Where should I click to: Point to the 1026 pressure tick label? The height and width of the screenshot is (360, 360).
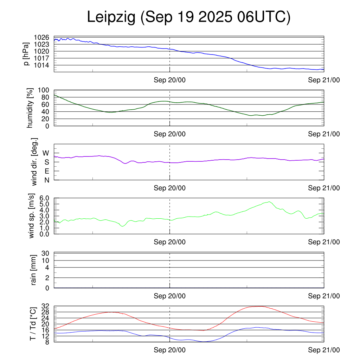tap(41, 37)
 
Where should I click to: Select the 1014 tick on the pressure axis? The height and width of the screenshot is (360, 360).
tap(41, 65)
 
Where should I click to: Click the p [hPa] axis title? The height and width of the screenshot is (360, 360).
tap(26, 54)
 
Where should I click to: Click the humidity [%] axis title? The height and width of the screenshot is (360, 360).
tap(30, 108)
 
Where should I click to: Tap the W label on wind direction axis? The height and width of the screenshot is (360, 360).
tap(46, 153)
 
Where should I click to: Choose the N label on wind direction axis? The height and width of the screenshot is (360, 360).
tap(46, 180)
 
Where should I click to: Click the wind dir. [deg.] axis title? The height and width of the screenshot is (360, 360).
tap(34, 162)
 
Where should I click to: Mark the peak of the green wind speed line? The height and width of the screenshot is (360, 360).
tap(269, 202)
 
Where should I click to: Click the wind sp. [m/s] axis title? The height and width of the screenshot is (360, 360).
tap(32, 216)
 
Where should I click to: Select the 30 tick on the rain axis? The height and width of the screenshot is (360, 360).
tap(45, 253)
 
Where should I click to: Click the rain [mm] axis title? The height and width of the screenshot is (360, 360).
tap(34, 270)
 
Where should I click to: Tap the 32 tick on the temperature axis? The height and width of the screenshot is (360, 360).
tap(45, 306)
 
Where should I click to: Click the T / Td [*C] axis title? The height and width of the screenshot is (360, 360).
tap(33, 323)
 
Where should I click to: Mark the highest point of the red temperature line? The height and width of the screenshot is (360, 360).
tap(259, 306)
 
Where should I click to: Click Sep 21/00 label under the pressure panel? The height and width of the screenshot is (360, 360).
tap(324, 80)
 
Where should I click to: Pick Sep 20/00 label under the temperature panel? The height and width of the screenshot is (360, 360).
tap(169, 350)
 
